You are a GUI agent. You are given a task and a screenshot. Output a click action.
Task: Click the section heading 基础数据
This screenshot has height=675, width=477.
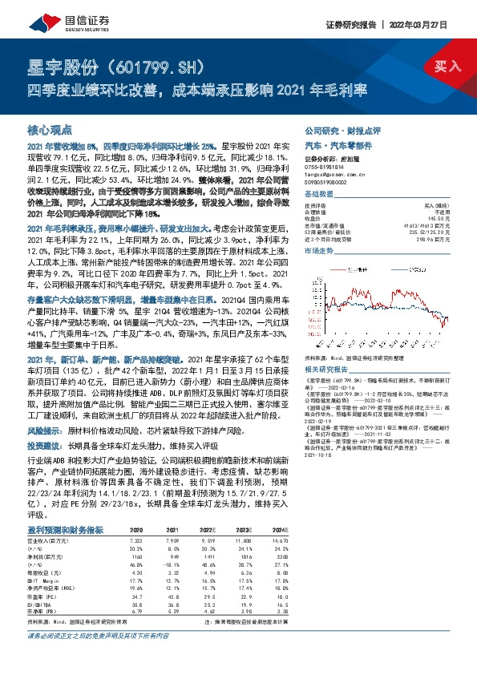(x=319, y=195)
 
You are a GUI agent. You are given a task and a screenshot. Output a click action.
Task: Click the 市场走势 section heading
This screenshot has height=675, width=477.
(x=319, y=251)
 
